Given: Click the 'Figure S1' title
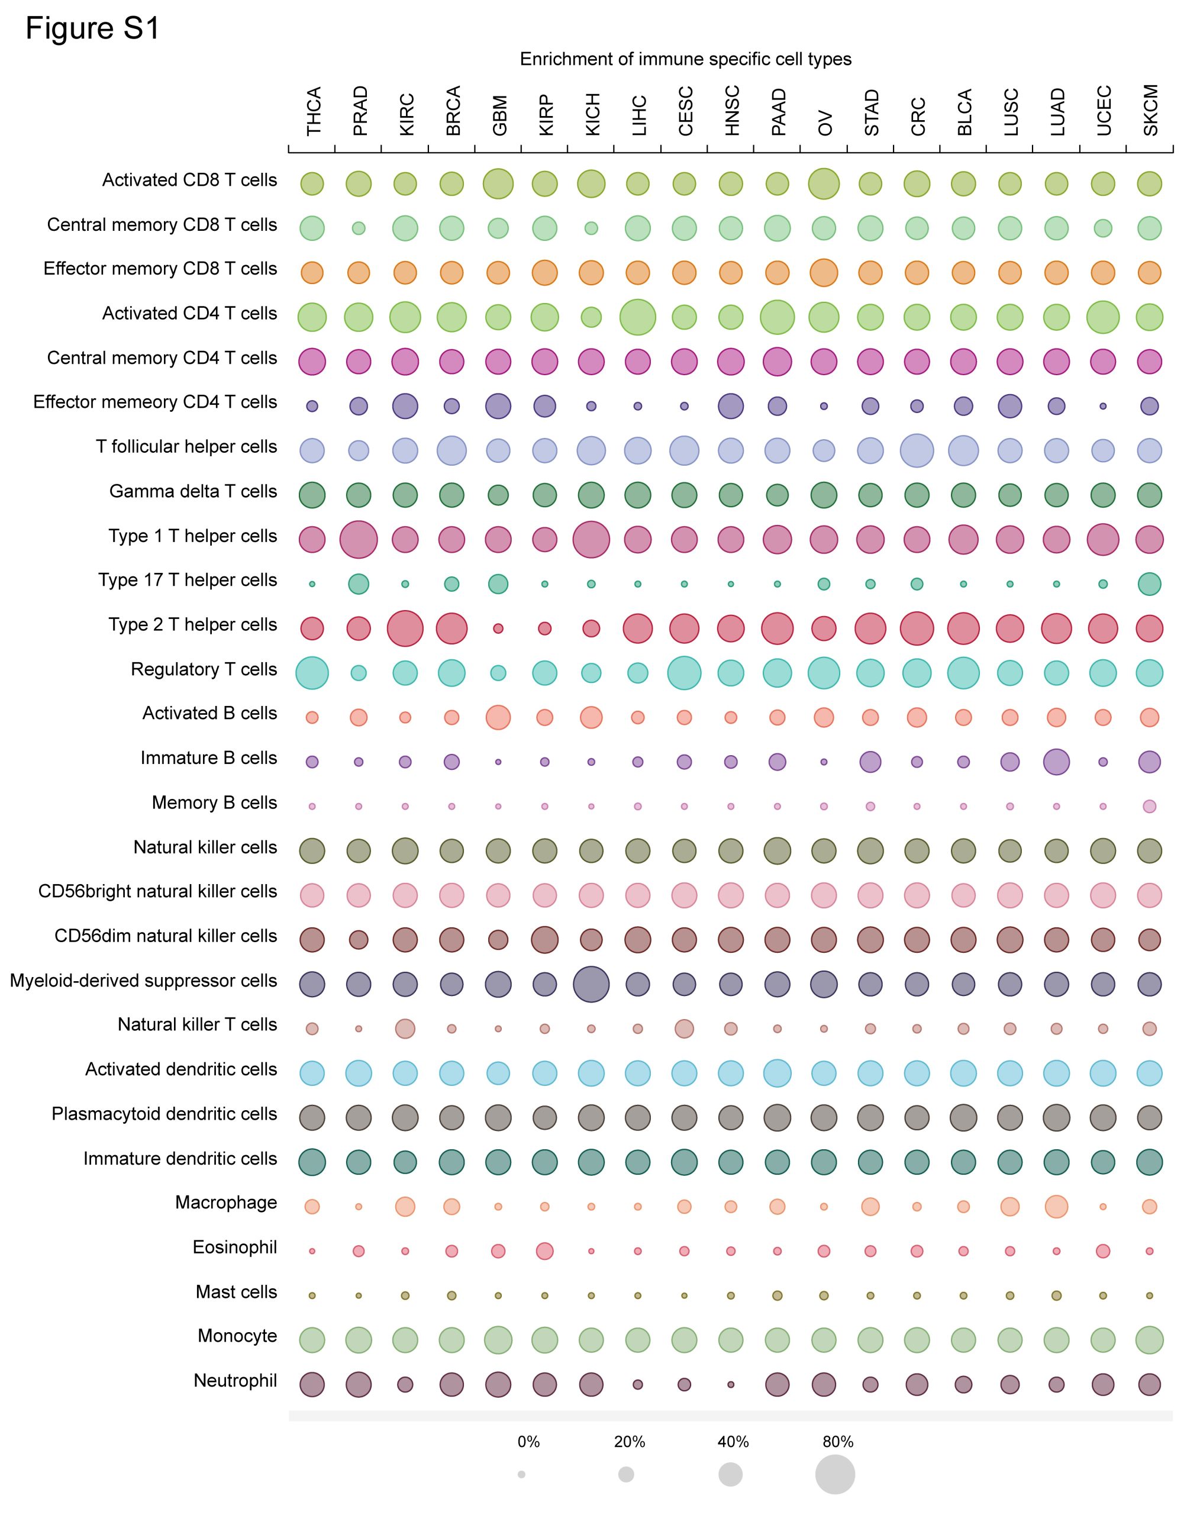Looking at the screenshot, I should pyautogui.click(x=92, y=29).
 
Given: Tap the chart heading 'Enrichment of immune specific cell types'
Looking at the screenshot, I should pyautogui.click(x=685, y=59).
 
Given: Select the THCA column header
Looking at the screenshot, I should pyautogui.click(x=314, y=111).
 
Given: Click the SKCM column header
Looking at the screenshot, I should pyautogui.click(x=1151, y=111).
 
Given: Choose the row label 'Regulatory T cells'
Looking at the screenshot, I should pyautogui.click(x=204, y=669).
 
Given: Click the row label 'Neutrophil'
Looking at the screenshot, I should pyautogui.click(x=235, y=1380).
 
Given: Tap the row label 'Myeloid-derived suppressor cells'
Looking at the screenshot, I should pyautogui.click(x=143, y=981).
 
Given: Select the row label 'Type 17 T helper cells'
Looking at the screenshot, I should pyautogui.click(x=188, y=581).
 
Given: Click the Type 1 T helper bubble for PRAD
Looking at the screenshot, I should pyautogui.click(x=359, y=539).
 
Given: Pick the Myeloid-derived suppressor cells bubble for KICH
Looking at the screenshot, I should pyautogui.click(x=591, y=984).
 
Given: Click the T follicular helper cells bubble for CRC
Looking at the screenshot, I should pyautogui.click(x=917, y=450).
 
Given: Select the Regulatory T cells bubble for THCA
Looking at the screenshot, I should pyautogui.click(x=312, y=673).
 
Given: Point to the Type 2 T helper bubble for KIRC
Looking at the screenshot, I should pyautogui.click(x=405, y=628).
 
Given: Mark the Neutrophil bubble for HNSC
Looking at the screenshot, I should pyautogui.click(x=730, y=1384).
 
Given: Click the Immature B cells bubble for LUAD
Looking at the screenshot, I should pyautogui.click(x=1056, y=762).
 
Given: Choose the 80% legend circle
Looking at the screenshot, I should pyautogui.click(x=835, y=1474).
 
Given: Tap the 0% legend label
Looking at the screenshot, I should pyautogui.click(x=529, y=1442).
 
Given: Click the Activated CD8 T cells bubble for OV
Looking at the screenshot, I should pyautogui.click(x=824, y=184).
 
